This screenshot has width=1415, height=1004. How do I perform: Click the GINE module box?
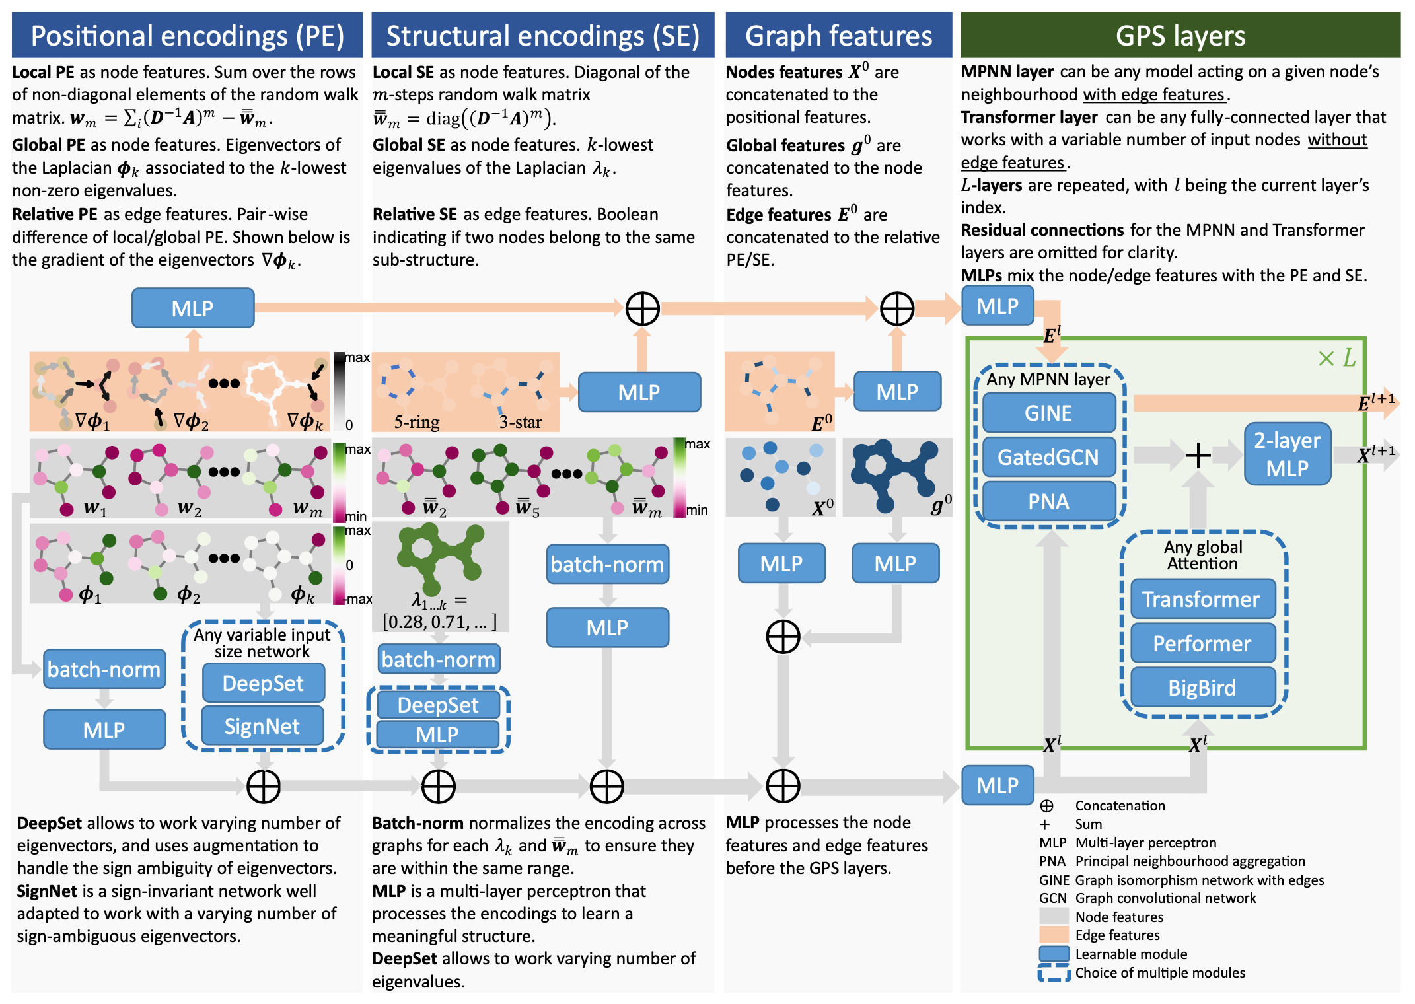tap(1048, 413)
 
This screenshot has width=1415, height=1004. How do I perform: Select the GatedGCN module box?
tap(1048, 457)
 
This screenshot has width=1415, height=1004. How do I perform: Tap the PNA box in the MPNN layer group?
tap(1048, 501)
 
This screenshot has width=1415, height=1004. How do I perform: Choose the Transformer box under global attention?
tap(1202, 599)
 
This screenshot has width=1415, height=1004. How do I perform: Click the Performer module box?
tap(1202, 643)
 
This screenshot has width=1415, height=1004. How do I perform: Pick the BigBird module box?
tap(1202, 688)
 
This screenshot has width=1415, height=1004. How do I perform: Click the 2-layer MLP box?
tap(1287, 454)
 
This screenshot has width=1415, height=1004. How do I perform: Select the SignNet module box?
tap(262, 727)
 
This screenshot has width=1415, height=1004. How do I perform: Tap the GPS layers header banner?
tap(1180, 36)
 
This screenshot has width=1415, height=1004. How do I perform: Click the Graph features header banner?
tap(838, 36)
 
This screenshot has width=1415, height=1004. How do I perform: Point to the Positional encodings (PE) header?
tap(187, 36)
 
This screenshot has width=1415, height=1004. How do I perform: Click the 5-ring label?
tap(417, 422)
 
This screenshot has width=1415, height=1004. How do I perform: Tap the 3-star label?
tap(521, 422)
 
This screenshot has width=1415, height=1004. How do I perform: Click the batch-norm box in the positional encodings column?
tap(104, 669)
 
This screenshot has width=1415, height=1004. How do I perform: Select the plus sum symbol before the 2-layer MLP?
tap(1198, 455)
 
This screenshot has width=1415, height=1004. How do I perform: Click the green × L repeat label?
tap(1336, 359)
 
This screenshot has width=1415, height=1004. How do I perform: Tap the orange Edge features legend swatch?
tap(1054, 935)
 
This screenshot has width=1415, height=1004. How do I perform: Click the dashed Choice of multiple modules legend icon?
tap(1054, 973)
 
